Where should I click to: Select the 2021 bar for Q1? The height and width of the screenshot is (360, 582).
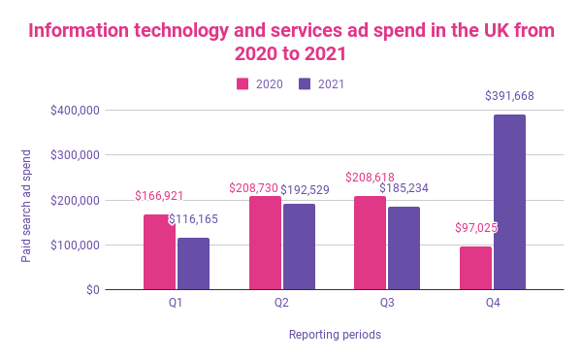193,264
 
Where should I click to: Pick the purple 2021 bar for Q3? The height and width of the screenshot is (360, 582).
404,248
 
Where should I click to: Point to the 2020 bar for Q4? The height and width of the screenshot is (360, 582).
475,268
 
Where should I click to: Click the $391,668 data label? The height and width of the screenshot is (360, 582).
509,96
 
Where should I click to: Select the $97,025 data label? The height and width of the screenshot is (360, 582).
475,229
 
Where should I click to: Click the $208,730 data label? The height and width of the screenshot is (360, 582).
254,187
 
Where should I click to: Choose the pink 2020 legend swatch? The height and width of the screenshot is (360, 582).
244,84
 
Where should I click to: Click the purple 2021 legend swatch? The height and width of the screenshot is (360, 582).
305,84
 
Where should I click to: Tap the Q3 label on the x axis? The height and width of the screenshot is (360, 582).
387,303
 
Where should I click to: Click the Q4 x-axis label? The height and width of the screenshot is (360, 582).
493,303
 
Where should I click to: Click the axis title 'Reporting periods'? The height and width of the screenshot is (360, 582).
335,335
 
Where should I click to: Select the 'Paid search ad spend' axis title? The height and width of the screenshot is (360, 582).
27,205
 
